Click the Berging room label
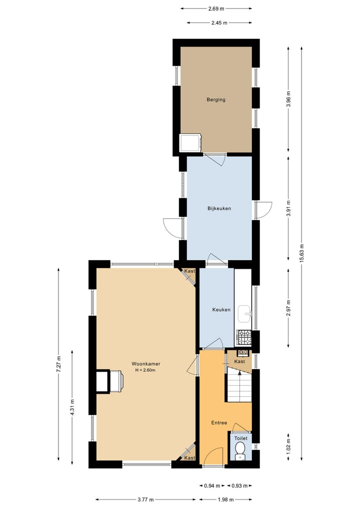click(x=216, y=99)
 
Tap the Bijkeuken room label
click(x=219, y=208)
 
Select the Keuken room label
click(x=221, y=310)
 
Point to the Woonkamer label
click(x=146, y=364)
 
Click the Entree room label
click(x=219, y=423)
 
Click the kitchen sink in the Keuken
click(x=244, y=314)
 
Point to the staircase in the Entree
click(x=239, y=385)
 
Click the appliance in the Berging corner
click(x=190, y=143)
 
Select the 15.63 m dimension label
click(x=301, y=253)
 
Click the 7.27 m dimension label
click(x=58, y=365)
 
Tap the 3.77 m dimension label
click(x=145, y=499)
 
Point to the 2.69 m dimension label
click(x=216, y=8)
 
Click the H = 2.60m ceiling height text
click(x=145, y=371)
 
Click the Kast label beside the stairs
click(x=239, y=361)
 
